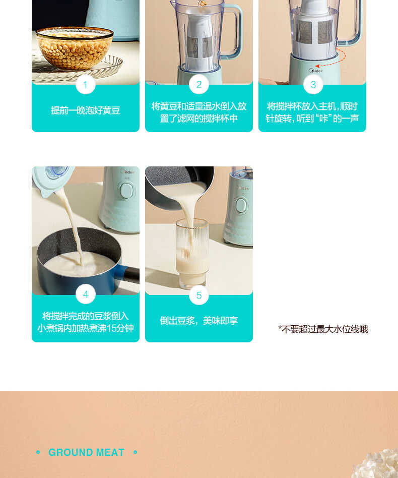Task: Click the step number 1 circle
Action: click(x=85, y=85)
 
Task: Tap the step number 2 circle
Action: click(x=198, y=85)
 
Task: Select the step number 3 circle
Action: click(x=313, y=85)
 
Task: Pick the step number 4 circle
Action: click(x=85, y=294)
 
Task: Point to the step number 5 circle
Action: click(x=198, y=295)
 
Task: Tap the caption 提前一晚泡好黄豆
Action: click(x=85, y=110)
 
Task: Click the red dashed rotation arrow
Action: click(x=333, y=59)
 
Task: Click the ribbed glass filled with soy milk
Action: click(x=192, y=252)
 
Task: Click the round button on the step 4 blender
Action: click(x=126, y=191)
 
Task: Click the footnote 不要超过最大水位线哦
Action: click(x=323, y=329)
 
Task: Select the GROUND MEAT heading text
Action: click(x=86, y=453)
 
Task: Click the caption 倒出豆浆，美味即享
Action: click(x=198, y=321)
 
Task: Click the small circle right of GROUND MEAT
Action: click(x=135, y=452)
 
